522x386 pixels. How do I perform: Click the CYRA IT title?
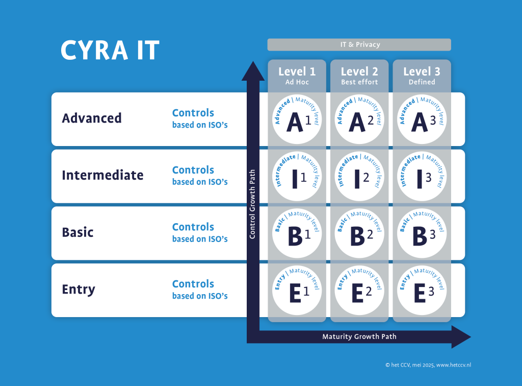point(110,51)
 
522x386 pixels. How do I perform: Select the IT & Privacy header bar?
point(359,44)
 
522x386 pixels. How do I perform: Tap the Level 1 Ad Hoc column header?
point(297,76)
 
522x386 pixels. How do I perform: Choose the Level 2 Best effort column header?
point(359,76)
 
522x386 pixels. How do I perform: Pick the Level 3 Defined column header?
point(422,76)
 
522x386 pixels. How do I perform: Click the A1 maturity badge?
point(297,119)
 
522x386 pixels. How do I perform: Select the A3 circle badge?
point(422,119)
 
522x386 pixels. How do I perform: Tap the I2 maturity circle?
point(359,176)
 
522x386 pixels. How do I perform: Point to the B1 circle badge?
point(297,233)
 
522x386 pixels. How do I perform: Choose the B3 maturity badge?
point(422,233)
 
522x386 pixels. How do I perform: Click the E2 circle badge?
point(359,291)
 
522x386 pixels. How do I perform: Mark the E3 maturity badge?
point(422,291)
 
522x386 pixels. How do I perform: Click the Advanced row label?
point(92,118)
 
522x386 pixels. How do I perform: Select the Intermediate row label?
point(102,175)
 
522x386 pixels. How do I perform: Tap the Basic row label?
point(77,232)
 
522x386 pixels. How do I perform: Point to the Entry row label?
point(79,289)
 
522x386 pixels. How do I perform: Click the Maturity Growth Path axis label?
point(359,336)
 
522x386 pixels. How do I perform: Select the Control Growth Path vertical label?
point(252,204)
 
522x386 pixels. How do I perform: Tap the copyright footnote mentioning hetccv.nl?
point(428,365)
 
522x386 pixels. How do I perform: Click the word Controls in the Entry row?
point(193,284)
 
